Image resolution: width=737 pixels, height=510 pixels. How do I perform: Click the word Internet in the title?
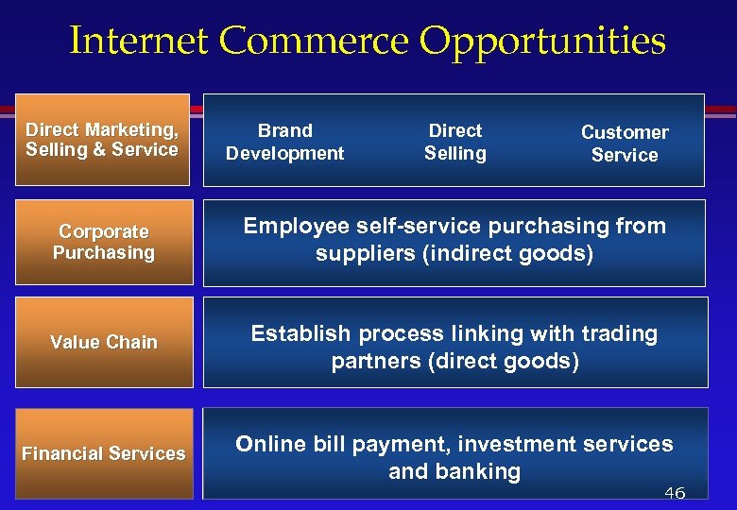coord(139,42)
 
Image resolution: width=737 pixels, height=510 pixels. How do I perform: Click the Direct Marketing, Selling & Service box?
coord(102,140)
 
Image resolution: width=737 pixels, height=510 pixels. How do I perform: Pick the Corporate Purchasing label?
coord(104,242)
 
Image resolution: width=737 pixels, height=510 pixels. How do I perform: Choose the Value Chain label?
coord(104,342)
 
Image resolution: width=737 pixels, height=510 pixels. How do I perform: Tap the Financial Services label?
coord(104,453)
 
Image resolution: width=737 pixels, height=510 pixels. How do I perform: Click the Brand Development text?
coord(284,142)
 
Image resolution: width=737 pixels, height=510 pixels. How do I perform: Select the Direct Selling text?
coord(455,142)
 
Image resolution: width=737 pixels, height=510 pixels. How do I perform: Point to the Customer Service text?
coord(625,144)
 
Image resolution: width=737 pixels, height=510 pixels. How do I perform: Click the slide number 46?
coord(674,493)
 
